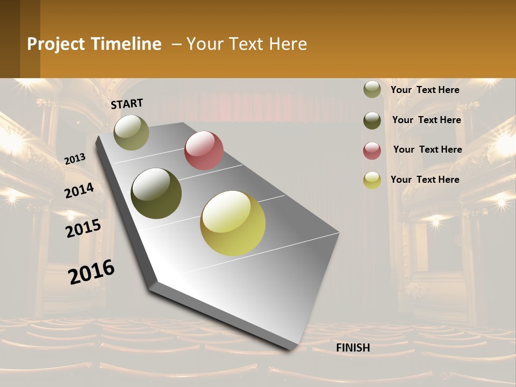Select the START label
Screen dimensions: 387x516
(x=127, y=104)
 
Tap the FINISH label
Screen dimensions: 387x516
(x=353, y=348)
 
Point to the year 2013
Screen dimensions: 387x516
(x=75, y=159)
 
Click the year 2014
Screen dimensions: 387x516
(x=79, y=190)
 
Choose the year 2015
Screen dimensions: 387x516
(x=83, y=228)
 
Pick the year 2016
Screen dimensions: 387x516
(x=91, y=271)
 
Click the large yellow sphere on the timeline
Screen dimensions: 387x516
(x=233, y=223)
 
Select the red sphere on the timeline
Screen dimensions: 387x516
(x=204, y=150)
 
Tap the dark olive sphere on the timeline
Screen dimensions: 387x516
(x=156, y=193)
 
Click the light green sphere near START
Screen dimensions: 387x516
(x=132, y=132)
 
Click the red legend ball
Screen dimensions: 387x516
(x=372, y=150)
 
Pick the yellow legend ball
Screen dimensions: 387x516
(x=372, y=180)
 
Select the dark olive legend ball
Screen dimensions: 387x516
(x=372, y=120)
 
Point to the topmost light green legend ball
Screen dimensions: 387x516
(x=372, y=90)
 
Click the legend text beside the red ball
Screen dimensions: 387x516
(x=427, y=149)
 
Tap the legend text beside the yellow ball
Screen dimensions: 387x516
(x=425, y=180)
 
